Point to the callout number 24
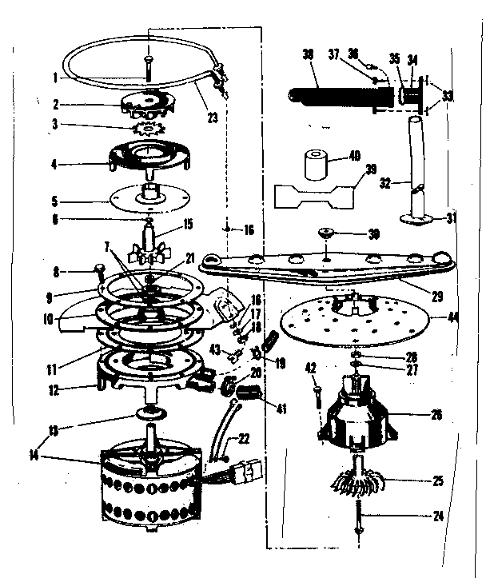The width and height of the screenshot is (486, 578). coord(437,516)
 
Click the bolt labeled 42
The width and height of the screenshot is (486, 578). coord(319,401)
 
